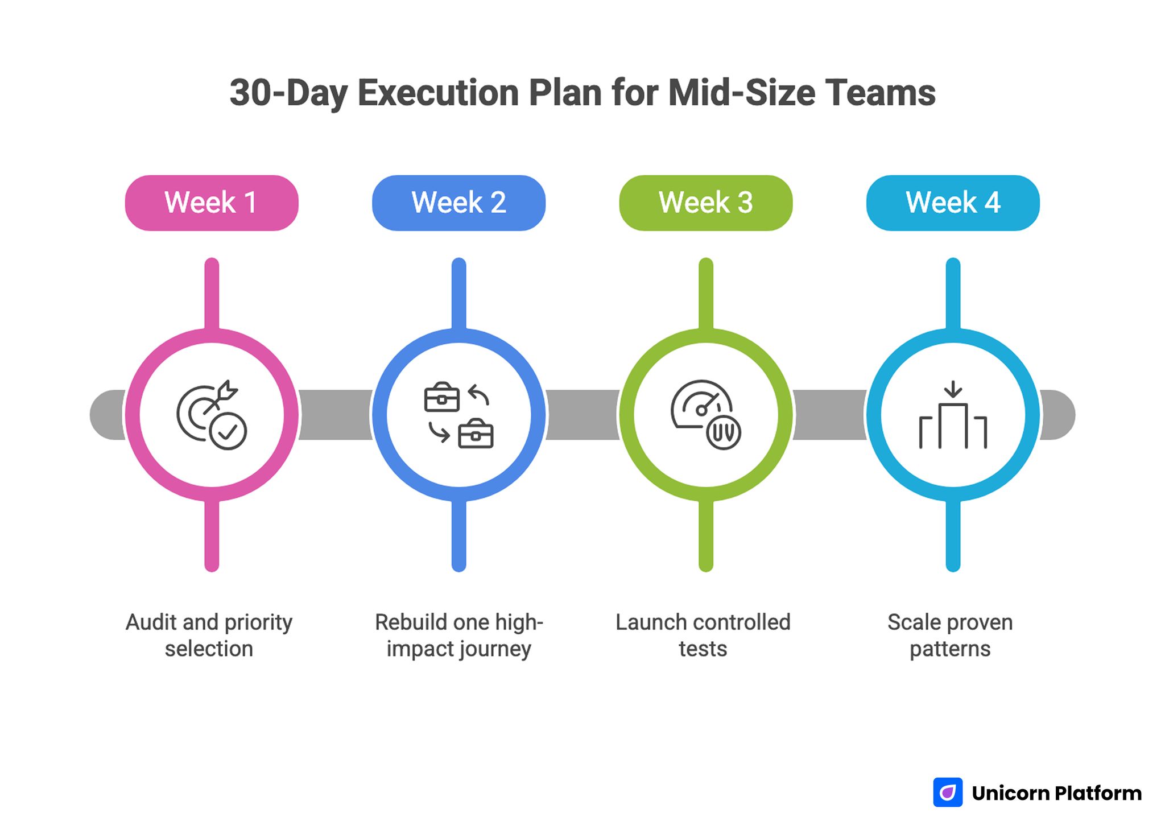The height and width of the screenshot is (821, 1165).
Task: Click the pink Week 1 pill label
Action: point(212,203)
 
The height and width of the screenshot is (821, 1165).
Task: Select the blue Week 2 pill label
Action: point(458,203)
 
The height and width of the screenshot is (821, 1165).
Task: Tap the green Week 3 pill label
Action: point(705,203)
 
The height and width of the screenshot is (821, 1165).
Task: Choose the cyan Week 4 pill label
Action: point(953,203)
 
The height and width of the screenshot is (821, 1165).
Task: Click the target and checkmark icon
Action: point(212,415)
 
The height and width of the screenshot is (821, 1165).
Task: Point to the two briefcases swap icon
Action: point(458,415)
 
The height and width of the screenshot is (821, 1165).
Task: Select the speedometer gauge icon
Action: point(705,415)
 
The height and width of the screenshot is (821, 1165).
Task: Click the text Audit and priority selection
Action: point(209,635)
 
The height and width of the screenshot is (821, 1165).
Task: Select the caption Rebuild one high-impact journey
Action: point(458,635)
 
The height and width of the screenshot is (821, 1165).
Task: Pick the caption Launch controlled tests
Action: point(703,635)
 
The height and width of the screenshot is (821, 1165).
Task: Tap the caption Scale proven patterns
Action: point(950,635)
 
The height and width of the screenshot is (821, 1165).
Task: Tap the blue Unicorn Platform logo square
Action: point(948,792)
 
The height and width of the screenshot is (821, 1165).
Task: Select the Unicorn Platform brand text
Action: point(1056,793)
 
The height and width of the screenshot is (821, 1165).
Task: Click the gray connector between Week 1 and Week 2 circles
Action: point(335,415)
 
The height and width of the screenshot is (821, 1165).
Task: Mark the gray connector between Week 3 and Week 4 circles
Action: point(829,415)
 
